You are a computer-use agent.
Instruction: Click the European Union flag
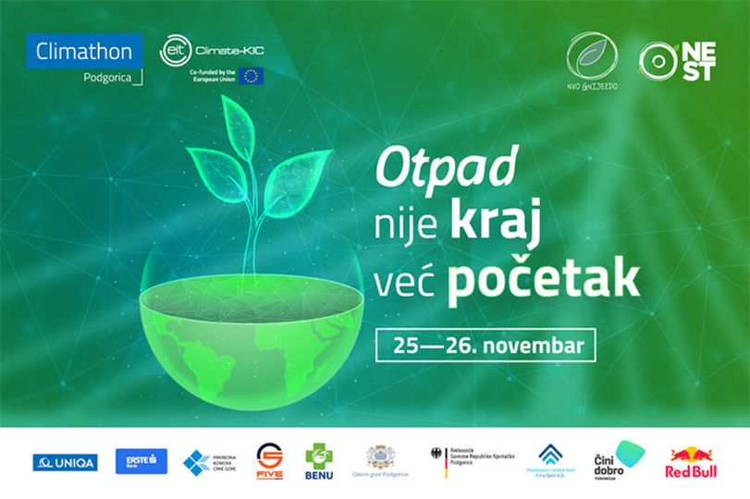click(x=251, y=76)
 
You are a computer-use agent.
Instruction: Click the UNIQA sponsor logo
click(x=65, y=462)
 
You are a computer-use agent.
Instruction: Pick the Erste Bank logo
click(x=141, y=461)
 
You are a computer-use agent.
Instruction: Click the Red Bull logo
click(x=692, y=461)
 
